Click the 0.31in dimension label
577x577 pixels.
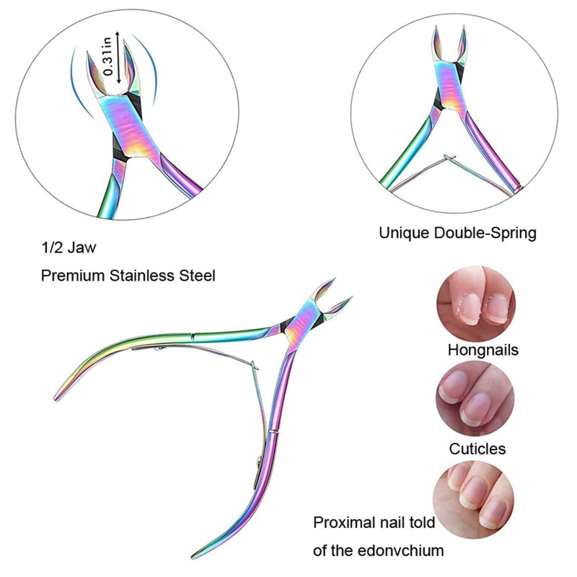click(108, 57)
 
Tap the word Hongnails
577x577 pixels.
click(483, 351)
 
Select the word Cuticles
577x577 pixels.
click(477, 449)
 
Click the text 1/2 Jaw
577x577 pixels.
click(69, 249)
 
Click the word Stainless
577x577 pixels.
click(147, 276)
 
